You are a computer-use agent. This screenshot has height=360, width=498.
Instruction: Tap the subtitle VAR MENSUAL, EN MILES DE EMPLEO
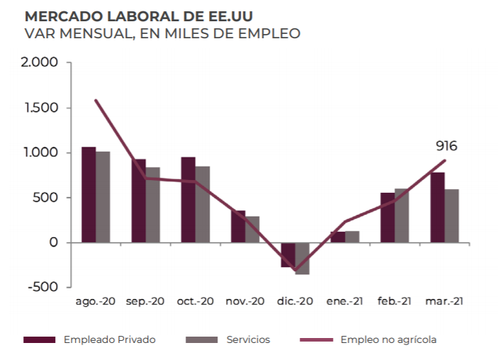162,33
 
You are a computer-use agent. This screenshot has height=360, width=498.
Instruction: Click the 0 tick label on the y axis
54,242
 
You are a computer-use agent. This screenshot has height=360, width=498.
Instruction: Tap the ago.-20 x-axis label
96,301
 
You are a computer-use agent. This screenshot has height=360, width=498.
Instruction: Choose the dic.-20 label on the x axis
295,301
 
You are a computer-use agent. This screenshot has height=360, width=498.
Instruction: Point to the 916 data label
446,146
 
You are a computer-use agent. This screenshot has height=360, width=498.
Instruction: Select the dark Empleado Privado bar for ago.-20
89,195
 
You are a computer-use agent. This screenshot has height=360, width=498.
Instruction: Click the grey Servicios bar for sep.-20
152,205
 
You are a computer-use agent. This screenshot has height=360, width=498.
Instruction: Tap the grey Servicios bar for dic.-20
302,258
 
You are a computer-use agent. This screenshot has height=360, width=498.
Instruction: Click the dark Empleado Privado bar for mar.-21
437,207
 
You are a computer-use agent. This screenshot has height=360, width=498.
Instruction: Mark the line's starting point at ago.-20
96,100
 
